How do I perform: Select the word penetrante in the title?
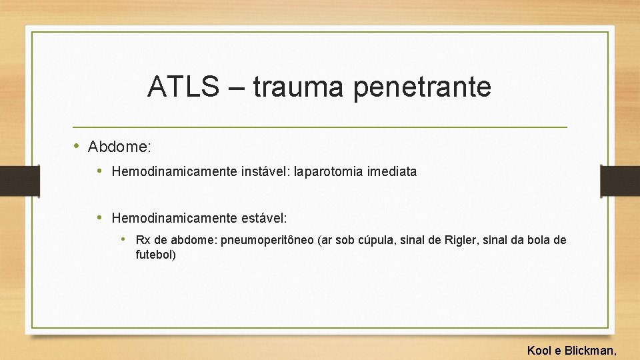423,87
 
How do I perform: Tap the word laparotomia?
327,171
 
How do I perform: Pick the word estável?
263,218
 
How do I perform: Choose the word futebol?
155,254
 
